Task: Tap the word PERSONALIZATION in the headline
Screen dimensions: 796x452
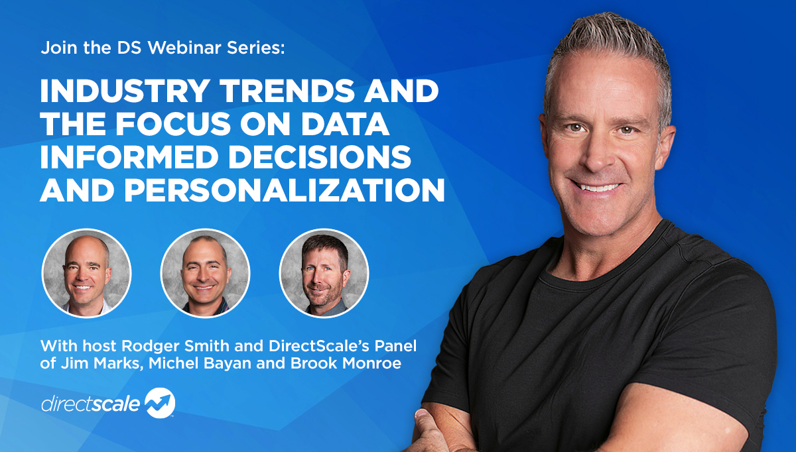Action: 285,190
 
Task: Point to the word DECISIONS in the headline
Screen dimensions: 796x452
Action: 320,156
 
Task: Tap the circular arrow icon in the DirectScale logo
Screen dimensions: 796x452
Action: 160,403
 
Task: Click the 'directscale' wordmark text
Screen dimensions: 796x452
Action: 91,404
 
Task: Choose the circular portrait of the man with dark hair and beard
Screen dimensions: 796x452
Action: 324,273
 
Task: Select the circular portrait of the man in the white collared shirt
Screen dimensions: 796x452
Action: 86,273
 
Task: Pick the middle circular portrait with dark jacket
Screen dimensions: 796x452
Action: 205,273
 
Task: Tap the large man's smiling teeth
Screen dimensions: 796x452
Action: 598,187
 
